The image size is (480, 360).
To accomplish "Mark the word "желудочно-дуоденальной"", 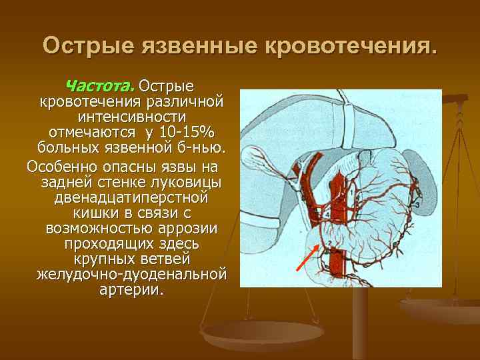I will tap(131, 275).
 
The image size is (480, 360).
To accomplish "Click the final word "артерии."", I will tap(131, 290).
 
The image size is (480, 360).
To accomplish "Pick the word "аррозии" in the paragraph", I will tap(193, 229).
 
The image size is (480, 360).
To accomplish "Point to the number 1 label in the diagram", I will tap(351, 191).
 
